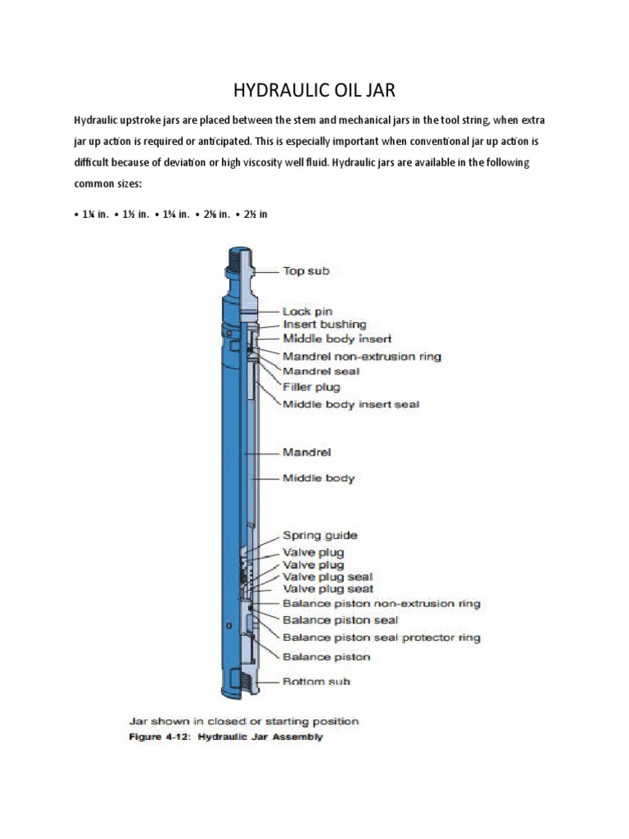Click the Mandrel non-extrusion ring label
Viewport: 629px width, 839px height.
[362, 356]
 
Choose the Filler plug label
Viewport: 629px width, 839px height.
[310, 387]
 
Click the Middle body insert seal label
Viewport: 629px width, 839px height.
[351, 405]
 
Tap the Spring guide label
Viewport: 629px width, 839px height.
[319, 536]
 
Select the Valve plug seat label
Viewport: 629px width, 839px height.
[328, 589]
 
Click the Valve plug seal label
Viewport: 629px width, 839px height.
[328, 577]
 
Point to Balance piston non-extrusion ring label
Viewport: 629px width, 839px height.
[381, 604]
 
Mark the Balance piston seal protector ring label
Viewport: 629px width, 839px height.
[381, 637]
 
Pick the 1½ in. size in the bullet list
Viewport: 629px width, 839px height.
[134, 215]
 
